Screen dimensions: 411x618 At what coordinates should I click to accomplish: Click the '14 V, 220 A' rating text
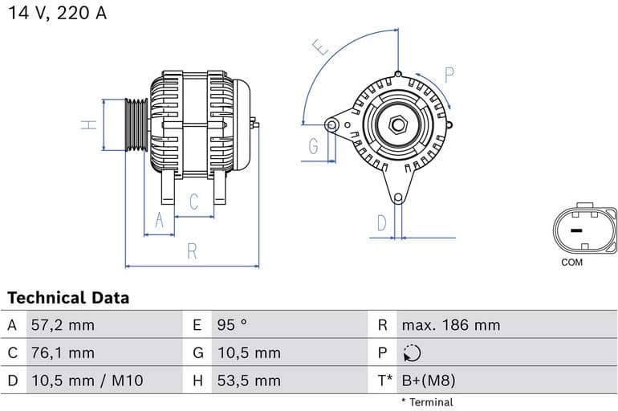pyautogui.click(x=57, y=14)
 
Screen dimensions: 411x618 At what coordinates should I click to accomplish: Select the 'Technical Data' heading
pyautogui.click(x=68, y=298)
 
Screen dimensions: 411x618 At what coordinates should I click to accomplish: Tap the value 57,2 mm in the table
pyautogui.click(x=62, y=325)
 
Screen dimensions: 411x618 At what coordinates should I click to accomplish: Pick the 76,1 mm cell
pyautogui.click(x=62, y=352)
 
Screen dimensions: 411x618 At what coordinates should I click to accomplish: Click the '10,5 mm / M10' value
pyautogui.click(x=87, y=380)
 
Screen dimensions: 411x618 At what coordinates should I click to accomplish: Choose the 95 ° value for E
pyautogui.click(x=232, y=325)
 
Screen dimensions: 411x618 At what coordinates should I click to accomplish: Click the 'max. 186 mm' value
pyautogui.click(x=450, y=325)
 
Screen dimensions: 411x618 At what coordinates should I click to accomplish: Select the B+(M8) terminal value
pyautogui.click(x=428, y=380)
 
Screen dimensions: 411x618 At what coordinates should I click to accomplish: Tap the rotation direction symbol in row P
pyautogui.click(x=411, y=353)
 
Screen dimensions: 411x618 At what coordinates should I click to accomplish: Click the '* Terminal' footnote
pyautogui.click(x=427, y=402)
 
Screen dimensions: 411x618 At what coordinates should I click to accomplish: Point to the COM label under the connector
pyautogui.click(x=572, y=262)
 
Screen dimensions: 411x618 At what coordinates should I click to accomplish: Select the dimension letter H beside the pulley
pyautogui.click(x=91, y=124)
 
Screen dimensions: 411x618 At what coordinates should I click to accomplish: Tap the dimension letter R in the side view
pyautogui.click(x=192, y=251)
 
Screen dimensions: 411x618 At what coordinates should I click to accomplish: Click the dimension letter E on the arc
pyautogui.click(x=323, y=47)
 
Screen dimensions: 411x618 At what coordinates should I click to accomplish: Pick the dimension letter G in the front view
pyautogui.click(x=313, y=146)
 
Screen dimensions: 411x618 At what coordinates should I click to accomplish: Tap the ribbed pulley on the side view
pyautogui.click(x=136, y=124)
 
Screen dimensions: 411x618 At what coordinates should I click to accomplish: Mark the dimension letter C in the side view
pyautogui.click(x=193, y=202)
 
